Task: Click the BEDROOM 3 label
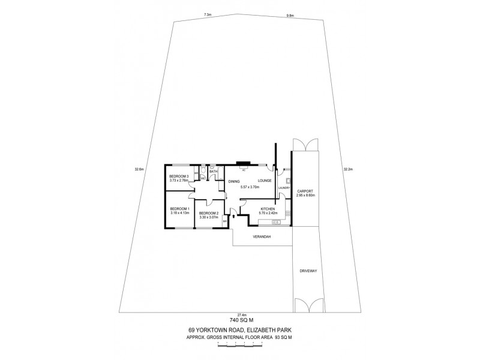pos(179,176)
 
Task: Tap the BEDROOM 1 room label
pos(180,208)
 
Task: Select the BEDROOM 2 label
pos(208,213)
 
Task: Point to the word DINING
pos(233,181)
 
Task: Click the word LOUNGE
pos(265,181)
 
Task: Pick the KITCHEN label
pos(266,209)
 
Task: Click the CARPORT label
pos(305,191)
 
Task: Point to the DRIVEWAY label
pos(307,272)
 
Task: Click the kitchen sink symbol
pos(277,223)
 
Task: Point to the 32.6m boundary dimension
pos(139,170)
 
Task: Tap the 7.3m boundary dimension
pos(208,14)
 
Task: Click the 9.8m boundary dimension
pos(290,16)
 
